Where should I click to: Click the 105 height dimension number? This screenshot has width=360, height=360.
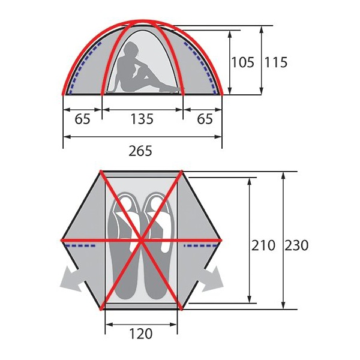(x=243, y=62)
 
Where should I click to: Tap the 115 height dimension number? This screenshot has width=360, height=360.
(x=275, y=62)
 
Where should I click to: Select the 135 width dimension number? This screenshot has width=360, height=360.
(x=142, y=119)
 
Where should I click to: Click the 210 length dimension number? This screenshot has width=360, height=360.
(x=263, y=245)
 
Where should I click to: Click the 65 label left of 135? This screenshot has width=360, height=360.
(x=83, y=119)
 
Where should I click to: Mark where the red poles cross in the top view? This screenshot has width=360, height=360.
(x=142, y=240)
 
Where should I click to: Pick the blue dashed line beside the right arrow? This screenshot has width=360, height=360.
(x=199, y=245)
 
